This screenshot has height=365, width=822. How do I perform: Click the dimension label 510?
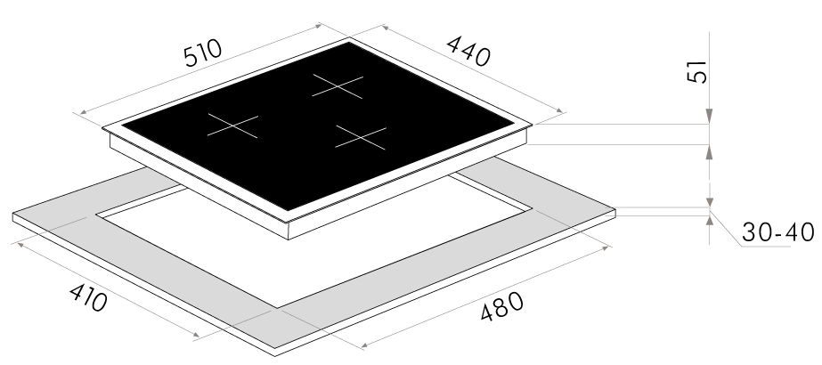pos(203,53)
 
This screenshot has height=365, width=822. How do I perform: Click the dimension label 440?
pos(468,52)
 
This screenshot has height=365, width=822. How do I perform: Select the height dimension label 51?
pos(697,72)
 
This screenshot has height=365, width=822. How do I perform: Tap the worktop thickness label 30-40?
pos(778,232)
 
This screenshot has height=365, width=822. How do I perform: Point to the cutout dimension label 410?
pos(88,298)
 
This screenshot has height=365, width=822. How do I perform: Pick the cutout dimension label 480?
pos(501,306)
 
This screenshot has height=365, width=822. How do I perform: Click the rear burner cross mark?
pos(338,86)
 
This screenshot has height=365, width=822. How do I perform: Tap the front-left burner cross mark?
pos(232,126)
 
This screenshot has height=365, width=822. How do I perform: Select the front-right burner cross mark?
pos(361,138)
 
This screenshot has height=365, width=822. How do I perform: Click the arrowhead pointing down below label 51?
pos(709,117)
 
